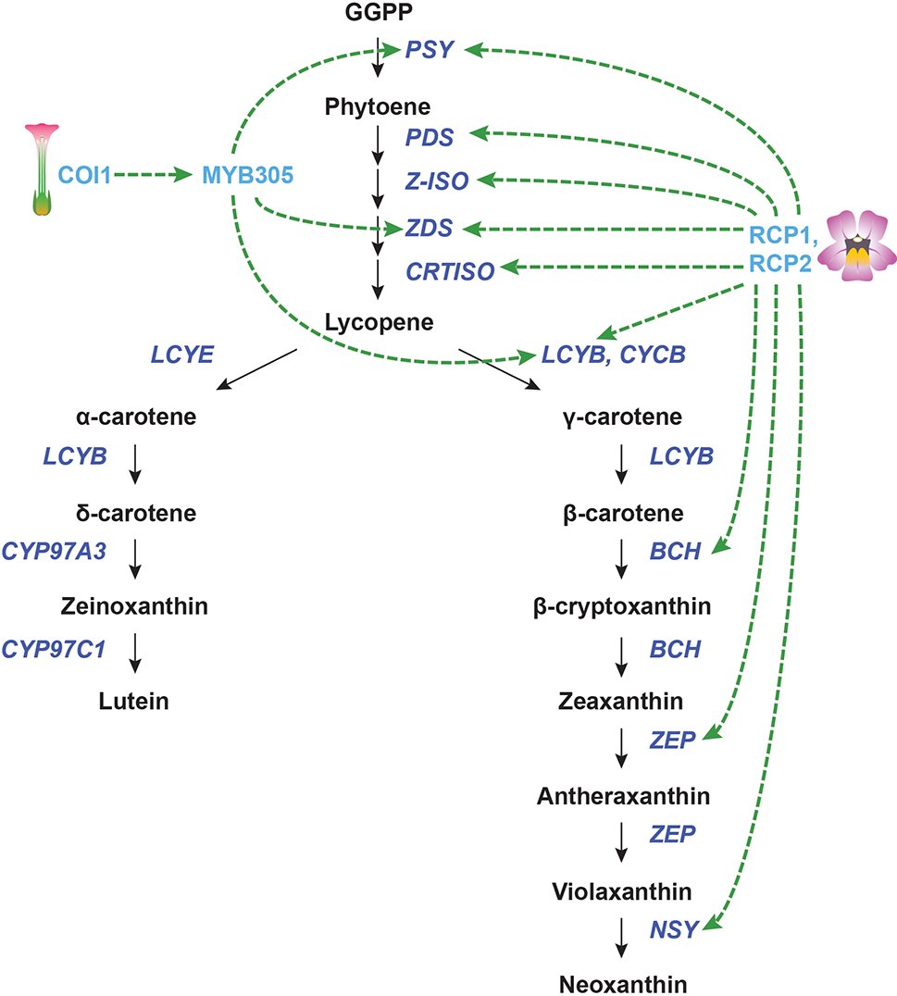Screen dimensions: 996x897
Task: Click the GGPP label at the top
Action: [377, 13]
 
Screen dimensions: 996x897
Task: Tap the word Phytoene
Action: [377, 106]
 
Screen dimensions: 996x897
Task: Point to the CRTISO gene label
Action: [449, 270]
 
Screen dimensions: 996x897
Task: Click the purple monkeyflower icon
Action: [860, 246]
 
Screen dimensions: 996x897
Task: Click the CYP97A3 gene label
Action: [55, 551]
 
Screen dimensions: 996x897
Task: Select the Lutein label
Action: [133, 701]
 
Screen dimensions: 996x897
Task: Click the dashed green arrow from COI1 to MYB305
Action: [153, 174]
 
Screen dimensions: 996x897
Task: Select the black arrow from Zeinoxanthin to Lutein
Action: [136, 654]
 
